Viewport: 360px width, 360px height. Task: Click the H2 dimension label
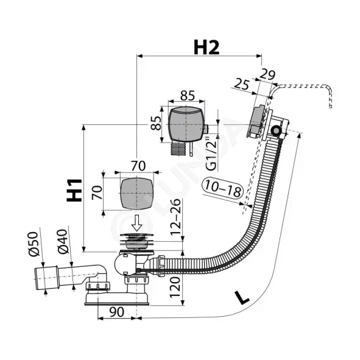[206, 48]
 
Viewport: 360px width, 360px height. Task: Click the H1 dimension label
[74, 190]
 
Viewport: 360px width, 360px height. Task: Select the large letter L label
[242, 298]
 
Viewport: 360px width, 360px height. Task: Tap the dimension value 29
[267, 74]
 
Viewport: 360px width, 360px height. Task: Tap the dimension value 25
[242, 84]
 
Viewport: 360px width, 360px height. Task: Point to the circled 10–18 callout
[222, 189]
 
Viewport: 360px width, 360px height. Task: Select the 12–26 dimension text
[176, 217]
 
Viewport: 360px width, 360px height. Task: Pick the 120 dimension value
[175, 288]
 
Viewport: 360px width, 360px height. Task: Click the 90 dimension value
[116, 312]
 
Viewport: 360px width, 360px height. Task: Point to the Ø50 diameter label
[33, 244]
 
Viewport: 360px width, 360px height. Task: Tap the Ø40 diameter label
[63, 241]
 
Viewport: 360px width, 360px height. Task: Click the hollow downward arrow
[137, 223]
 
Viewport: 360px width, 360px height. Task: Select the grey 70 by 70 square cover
[136, 194]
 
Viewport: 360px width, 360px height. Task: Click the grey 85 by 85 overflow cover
[186, 124]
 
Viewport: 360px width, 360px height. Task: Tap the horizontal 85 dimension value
[188, 96]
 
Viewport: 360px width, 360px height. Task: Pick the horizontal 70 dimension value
[138, 166]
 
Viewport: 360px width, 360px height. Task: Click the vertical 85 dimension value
[156, 123]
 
